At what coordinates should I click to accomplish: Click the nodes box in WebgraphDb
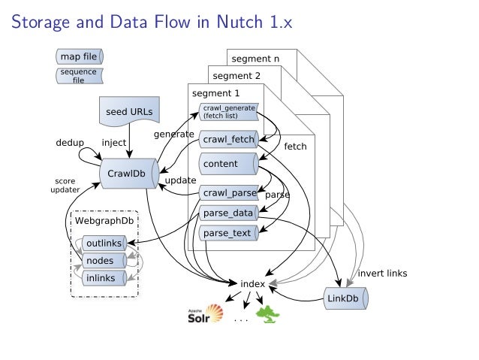(x=100, y=261)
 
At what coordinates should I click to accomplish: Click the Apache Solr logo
(x=205, y=315)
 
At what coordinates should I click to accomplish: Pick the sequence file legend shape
(x=79, y=75)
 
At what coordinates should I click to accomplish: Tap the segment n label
(x=255, y=58)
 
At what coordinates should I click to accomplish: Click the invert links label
(x=382, y=273)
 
